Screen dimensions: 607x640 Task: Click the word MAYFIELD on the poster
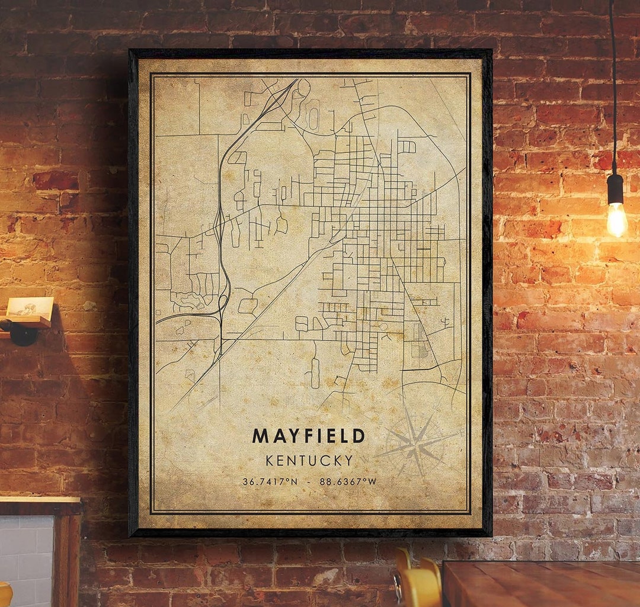(308, 436)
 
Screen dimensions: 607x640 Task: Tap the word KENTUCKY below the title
(309, 460)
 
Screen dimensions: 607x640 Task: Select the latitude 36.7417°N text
(270, 481)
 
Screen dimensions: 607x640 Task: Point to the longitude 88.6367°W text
(348, 481)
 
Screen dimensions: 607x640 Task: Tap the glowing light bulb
(616, 219)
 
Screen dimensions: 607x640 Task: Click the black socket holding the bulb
(615, 189)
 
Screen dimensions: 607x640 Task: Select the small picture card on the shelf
(30, 306)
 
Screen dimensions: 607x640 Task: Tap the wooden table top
(542, 583)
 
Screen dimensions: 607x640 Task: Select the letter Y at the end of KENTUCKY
(348, 460)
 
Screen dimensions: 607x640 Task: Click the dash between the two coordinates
(309, 481)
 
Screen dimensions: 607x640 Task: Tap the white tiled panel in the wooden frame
(27, 560)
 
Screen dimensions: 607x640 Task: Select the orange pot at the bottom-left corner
(5, 595)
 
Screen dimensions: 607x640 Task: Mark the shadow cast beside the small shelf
(71, 355)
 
